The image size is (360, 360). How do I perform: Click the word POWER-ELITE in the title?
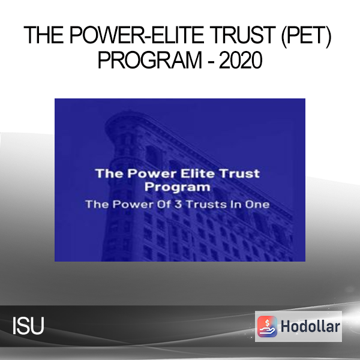[x=136, y=35]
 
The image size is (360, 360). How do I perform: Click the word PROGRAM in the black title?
[x=149, y=60]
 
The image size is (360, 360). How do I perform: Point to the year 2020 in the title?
[x=241, y=60]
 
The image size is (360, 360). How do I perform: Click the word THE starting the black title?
[x=43, y=35]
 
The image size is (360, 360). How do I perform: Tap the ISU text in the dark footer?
[x=28, y=326]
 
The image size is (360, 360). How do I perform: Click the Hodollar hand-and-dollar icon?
[x=267, y=326]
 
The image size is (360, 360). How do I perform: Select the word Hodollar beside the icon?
[x=310, y=326]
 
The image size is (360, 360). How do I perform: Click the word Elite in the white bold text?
[x=197, y=173]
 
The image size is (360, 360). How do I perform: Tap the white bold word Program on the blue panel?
[x=177, y=187]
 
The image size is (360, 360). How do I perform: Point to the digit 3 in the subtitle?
[x=178, y=205]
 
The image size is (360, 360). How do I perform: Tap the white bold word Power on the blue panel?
[x=152, y=173]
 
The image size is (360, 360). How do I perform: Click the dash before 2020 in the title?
[x=211, y=62]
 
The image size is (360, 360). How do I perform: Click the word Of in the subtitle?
[x=164, y=205]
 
